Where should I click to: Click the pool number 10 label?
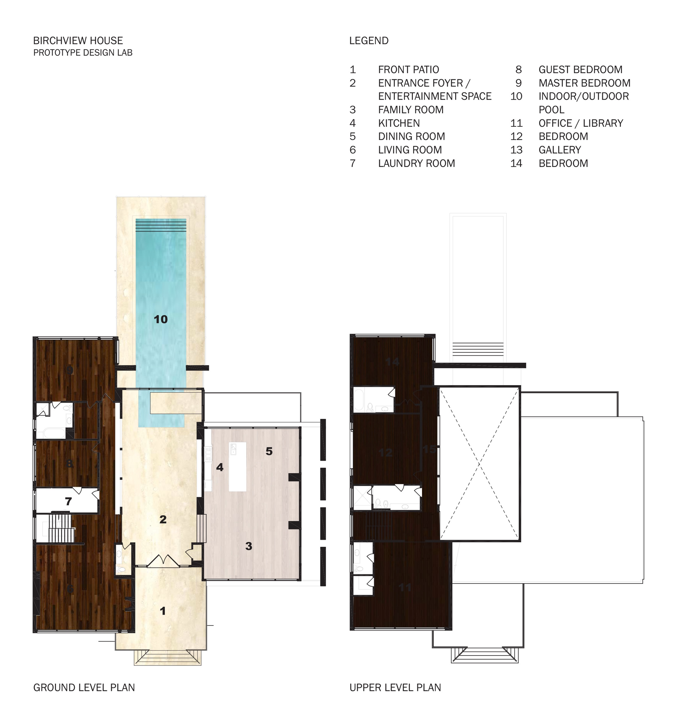pos(161,319)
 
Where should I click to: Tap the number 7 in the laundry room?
pos(68,501)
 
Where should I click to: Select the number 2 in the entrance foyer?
pos(163,519)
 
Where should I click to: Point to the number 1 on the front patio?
pos(163,611)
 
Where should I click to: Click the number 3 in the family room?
pos(248,546)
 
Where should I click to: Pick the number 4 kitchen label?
pos(219,467)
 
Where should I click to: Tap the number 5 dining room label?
pos(269,451)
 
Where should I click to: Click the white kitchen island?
pos(237,466)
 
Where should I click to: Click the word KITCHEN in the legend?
pos(398,123)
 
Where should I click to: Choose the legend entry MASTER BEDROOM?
pos(584,83)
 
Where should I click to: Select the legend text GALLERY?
pos(559,150)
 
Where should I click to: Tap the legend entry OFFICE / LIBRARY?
pos(580,123)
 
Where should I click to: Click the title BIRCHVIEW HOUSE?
pos(78,41)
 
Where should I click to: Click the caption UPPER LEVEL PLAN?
pos(395,688)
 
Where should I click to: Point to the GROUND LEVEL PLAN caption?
pos(84,688)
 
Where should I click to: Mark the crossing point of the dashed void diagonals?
pos(479,463)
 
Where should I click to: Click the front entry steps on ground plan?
pos(167,657)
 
